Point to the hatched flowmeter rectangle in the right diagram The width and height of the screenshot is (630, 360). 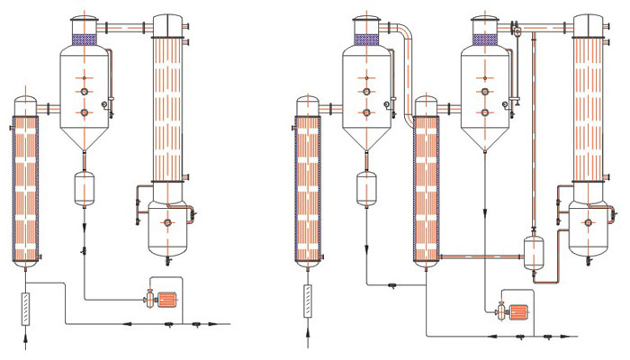coord(307,300)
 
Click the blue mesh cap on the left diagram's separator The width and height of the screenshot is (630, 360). coord(84,40)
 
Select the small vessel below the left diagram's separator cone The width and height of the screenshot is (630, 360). coord(84,187)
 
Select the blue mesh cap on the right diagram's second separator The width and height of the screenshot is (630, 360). coord(485,40)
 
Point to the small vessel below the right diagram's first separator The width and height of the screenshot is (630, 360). coord(366,188)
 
